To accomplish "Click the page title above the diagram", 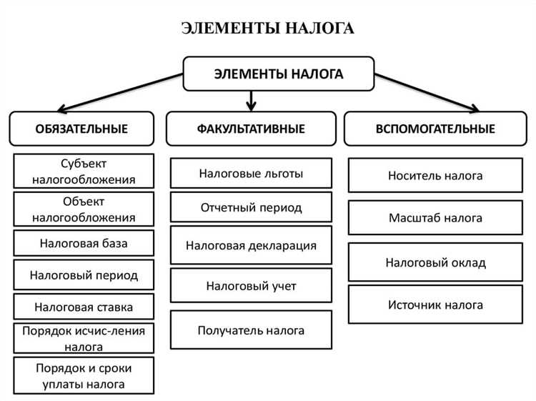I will [x=267, y=29].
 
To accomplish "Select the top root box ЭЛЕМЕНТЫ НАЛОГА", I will [x=279, y=74].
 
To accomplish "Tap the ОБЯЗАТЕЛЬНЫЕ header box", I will [x=81, y=129].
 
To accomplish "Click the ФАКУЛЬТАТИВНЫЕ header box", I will [x=251, y=129].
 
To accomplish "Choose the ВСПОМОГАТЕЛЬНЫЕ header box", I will [x=435, y=129].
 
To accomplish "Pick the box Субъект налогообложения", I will [x=84, y=172].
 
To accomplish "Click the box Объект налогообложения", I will [x=84, y=209].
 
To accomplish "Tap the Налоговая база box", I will [x=84, y=243].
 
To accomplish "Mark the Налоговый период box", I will [x=84, y=274].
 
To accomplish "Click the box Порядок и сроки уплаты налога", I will [x=84, y=375].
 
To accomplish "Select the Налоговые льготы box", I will [x=251, y=173].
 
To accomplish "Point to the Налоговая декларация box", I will [x=251, y=245].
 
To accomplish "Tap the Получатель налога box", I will [x=251, y=330].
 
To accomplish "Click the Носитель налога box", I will [x=435, y=175].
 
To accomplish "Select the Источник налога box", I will [x=435, y=305].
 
